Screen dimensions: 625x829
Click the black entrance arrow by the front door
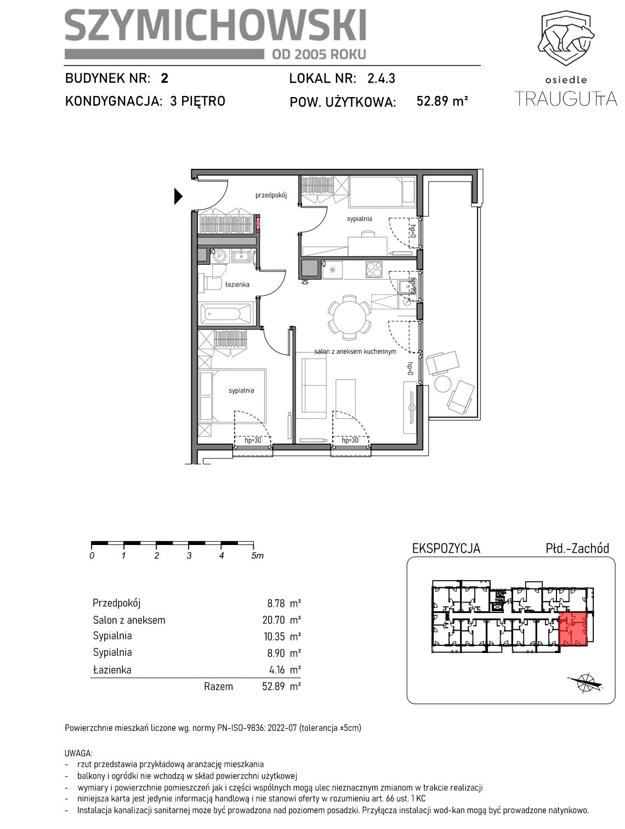point(178,196)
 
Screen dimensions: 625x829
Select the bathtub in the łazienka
point(225,314)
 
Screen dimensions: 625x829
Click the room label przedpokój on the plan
point(271,195)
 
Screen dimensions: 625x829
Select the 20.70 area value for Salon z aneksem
point(276,620)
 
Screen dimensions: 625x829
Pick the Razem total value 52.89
point(274,685)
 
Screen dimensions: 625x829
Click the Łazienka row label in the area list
point(112,669)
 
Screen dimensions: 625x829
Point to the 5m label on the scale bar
point(257,555)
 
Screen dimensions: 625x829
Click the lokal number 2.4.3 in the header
point(381,78)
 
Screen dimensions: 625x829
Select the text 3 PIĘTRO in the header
point(197,101)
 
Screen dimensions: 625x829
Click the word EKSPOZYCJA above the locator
point(446,548)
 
